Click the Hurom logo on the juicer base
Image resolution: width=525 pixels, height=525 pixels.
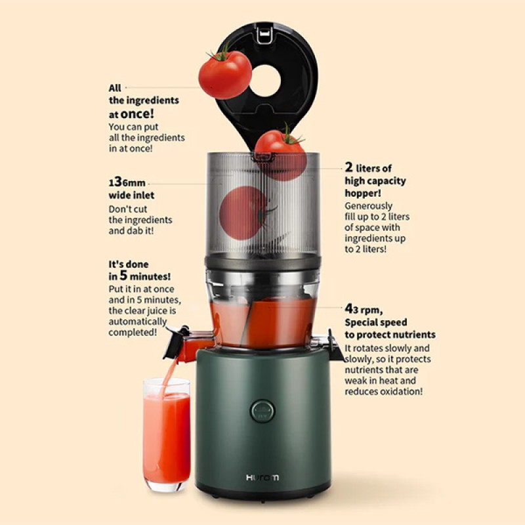coord(262,477)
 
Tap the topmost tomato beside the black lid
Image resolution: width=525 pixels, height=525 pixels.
coord(224,73)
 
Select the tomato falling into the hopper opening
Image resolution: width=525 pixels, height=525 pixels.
coord(280,151)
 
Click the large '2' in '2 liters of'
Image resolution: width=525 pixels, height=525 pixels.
coord(350,168)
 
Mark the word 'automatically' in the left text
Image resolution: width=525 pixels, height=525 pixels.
coord(137,322)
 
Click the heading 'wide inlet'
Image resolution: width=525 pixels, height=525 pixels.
coord(131,196)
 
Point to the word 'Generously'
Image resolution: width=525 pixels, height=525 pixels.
coord(369,205)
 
